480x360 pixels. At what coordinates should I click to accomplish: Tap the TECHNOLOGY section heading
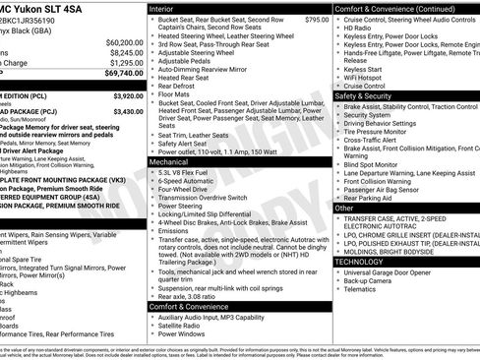click(x=359, y=262)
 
